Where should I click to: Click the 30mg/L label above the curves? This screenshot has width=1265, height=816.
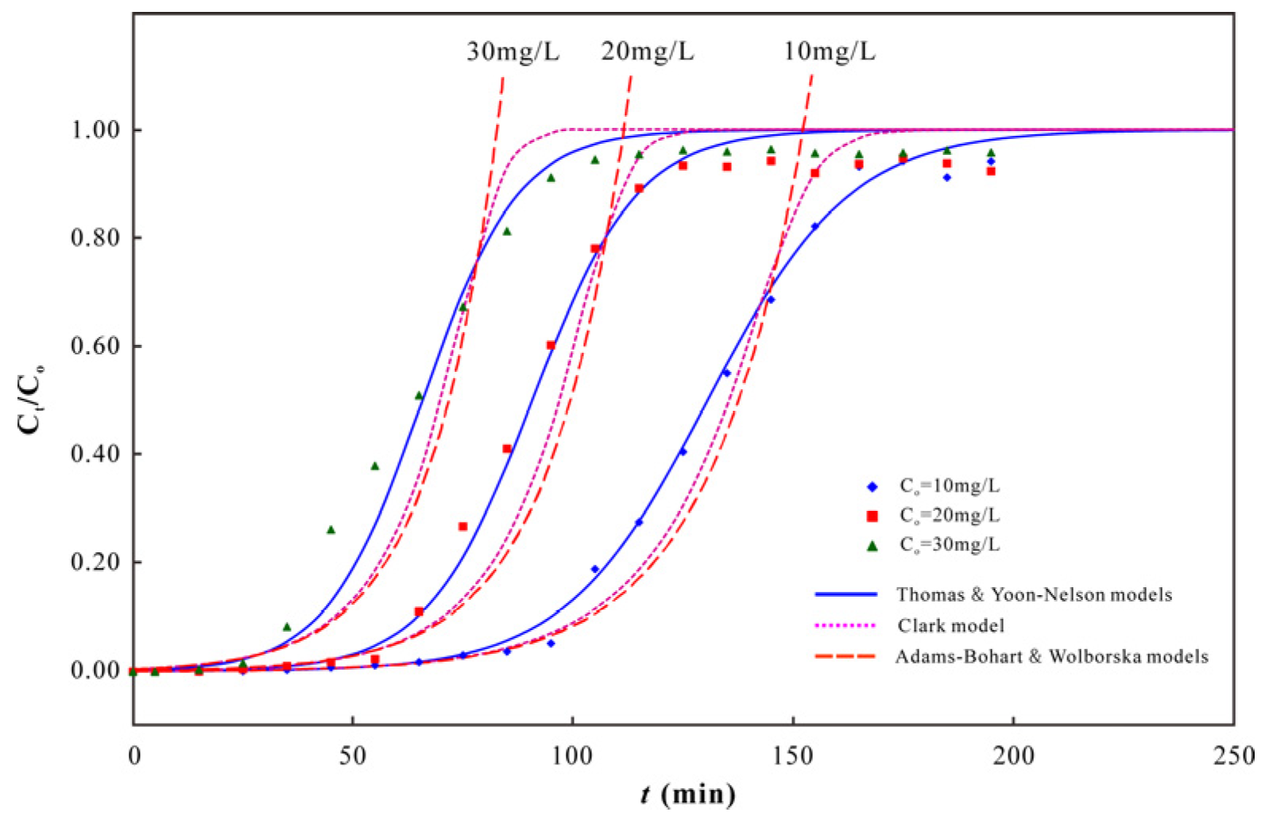tap(513, 52)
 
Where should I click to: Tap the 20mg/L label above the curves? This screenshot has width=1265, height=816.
tap(647, 52)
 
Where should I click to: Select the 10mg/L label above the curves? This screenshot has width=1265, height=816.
tap(829, 52)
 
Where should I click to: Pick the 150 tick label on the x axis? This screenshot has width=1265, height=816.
tap(793, 756)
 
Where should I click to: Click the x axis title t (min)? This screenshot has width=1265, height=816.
tap(688, 794)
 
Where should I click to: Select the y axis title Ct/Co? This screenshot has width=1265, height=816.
tap(33, 399)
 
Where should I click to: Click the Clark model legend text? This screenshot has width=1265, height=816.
tap(950, 626)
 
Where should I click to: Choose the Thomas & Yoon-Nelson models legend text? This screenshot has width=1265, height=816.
tap(1034, 595)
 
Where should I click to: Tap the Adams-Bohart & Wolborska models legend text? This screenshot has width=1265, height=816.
tap(1051, 657)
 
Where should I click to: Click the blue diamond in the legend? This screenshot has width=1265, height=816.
tap(872, 486)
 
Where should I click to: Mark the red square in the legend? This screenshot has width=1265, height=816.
tap(872, 516)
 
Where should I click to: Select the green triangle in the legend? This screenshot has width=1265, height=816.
tap(872, 546)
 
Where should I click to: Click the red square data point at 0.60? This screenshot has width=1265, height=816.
tap(551, 346)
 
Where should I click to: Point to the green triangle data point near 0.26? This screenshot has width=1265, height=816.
tap(331, 530)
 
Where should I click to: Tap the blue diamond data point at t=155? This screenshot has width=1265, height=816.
tap(814, 226)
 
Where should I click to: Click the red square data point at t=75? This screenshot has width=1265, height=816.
tap(462, 527)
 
